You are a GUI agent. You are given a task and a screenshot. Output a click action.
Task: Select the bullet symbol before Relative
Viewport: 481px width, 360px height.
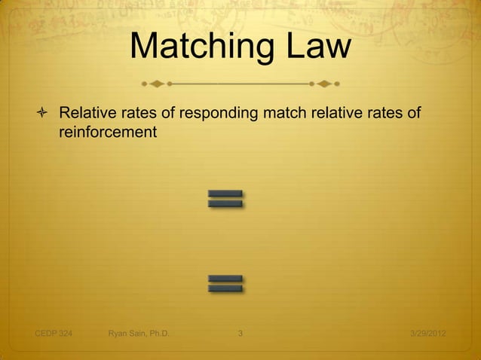43,114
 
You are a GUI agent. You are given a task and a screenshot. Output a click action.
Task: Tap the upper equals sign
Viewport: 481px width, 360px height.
225,199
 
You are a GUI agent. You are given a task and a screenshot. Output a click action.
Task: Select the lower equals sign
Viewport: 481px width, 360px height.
225,283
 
